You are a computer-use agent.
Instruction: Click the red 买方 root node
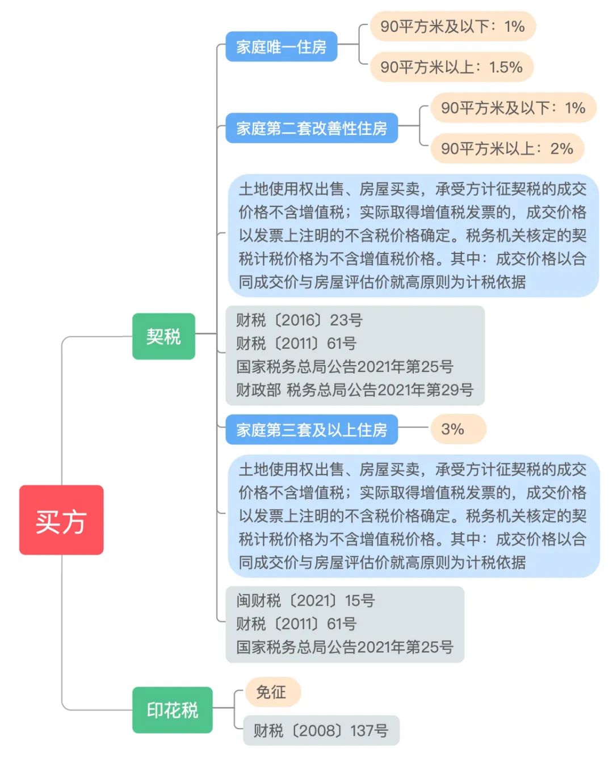click(61, 519)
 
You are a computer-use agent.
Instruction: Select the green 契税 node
click(163, 336)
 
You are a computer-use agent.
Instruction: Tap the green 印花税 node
click(173, 710)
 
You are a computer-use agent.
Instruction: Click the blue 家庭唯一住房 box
click(281, 46)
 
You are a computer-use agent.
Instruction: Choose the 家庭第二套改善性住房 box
click(312, 128)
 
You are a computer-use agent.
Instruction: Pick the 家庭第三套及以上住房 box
click(312, 430)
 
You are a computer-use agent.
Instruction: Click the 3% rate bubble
click(458, 429)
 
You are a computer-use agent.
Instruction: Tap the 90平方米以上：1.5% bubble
click(452, 67)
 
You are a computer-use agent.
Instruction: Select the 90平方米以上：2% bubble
click(507, 149)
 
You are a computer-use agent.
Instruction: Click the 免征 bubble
click(273, 692)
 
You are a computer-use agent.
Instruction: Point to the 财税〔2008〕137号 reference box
click(321, 730)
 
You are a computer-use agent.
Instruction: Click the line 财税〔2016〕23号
click(299, 320)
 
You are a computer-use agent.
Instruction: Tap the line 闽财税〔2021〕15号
click(305, 600)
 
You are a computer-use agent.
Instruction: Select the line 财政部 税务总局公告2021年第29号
click(355, 390)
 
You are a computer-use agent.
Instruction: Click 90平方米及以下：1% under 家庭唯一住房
click(453, 26)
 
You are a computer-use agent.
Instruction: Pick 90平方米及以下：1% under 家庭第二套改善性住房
click(513, 108)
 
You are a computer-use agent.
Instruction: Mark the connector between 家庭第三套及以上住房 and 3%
click(414, 427)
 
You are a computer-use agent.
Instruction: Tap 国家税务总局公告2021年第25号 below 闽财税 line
click(345, 647)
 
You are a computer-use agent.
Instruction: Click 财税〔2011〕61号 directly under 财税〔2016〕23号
click(296, 344)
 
